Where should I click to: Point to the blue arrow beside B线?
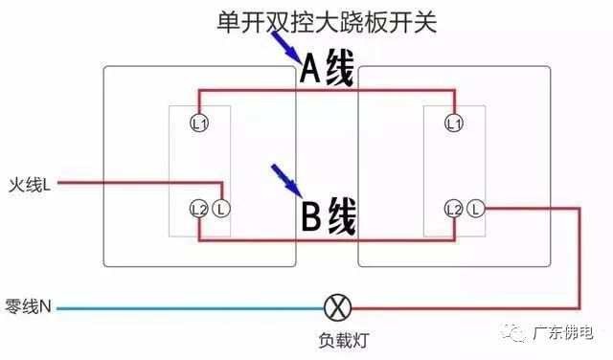(284, 177)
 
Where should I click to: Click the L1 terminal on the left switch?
(199, 123)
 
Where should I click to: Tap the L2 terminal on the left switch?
(199, 208)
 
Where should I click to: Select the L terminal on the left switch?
(221, 208)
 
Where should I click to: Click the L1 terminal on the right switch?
(455, 123)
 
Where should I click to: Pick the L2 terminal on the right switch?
(455, 208)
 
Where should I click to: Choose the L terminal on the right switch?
(478, 208)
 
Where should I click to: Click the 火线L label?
(30, 182)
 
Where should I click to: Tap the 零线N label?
(30, 308)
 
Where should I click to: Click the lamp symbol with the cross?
(340, 308)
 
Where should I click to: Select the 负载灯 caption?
(341, 340)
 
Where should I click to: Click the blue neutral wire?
(192, 308)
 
